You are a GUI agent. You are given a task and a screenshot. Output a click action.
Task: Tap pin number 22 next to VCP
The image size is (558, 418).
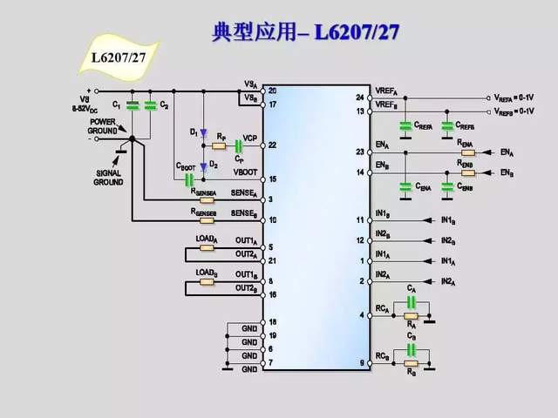point(272,145)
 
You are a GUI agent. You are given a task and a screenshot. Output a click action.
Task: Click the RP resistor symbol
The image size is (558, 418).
point(220,145)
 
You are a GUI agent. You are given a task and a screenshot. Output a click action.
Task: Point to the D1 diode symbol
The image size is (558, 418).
point(202,132)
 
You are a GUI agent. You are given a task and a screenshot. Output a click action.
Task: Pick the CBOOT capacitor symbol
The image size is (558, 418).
point(187,179)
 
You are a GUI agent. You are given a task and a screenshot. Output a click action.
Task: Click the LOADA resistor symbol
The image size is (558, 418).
point(207,246)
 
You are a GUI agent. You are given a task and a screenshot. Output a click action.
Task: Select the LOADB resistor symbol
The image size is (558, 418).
point(207,282)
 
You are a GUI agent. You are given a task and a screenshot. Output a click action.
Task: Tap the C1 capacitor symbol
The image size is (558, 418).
point(133,105)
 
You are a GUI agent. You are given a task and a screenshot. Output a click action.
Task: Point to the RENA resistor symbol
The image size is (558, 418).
point(466,151)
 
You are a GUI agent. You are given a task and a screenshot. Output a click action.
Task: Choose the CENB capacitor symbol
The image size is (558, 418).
point(448,185)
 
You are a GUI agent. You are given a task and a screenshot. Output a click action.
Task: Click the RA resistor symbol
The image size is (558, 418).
point(411,315)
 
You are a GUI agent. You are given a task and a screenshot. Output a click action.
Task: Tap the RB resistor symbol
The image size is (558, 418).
point(411,363)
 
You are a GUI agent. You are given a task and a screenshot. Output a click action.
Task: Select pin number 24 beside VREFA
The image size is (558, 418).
point(359,97)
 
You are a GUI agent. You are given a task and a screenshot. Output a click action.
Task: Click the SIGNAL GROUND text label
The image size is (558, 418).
point(109,178)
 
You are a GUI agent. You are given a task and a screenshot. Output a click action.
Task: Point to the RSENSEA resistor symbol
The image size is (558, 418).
point(206,199)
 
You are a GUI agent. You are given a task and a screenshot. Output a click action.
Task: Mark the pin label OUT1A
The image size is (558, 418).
point(245,240)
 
